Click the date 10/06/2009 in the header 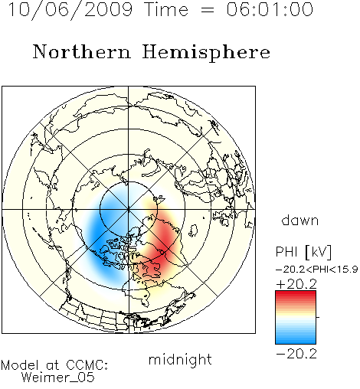[x=70, y=9]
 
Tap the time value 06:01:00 [x=270, y=9]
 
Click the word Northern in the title [x=82, y=52]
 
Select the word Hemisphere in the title [x=206, y=53]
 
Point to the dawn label [x=300, y=221]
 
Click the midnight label [x=180, y=360]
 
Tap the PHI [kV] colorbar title [x=303, y=252]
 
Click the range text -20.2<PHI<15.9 [x=317, y=270]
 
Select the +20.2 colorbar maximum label [x=296, y=284]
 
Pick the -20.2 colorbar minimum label [x=296, y=354]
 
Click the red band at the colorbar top [x=296, y=294]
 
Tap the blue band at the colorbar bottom [x=296, y=340]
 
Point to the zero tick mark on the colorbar [x=318, y=317]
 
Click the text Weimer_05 [x=58, y=377]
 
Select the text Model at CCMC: [x=54, y=365]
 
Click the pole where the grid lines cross [x=129, y=209]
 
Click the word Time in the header [x=166, y=9]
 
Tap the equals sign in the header [x=208, y=10]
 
